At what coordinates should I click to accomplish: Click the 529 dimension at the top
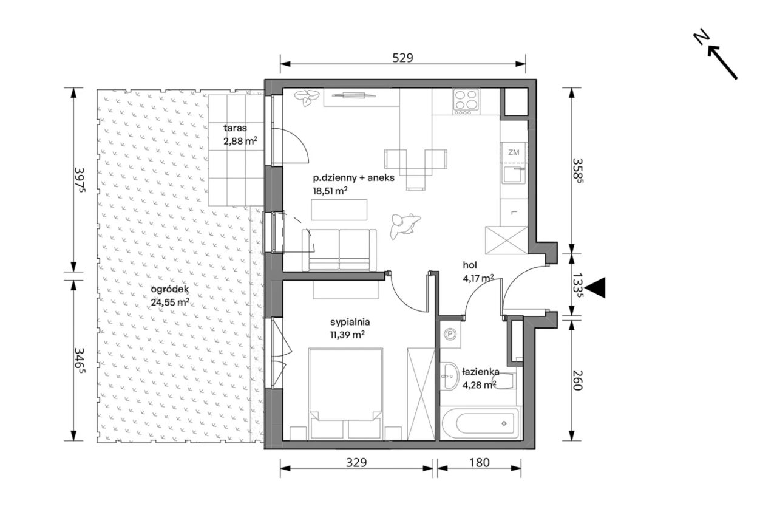click(402, 58)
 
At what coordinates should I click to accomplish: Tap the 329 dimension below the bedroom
click(356, 462)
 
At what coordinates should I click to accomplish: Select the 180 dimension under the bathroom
click(480, 462)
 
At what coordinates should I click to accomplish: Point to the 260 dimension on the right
click(576, 380)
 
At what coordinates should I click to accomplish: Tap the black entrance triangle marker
click(595, 288)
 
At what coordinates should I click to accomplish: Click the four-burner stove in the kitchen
click(466, 101)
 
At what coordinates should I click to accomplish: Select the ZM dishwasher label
click(514, 152)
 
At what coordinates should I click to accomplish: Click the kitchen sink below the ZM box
click(514, 174)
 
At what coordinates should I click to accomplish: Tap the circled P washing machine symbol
click(450, 334)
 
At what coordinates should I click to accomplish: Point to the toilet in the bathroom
click(504, 381)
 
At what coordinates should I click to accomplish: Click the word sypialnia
click(350, 323)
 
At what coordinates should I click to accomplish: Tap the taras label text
click(235, 128)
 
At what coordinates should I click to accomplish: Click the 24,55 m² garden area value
click(170, 302)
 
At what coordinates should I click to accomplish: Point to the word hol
click(470, 265)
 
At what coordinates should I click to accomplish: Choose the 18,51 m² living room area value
click(330, 191)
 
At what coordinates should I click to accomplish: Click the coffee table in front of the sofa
click(339, 210)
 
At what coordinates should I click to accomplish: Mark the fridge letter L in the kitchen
click(514, 213)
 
